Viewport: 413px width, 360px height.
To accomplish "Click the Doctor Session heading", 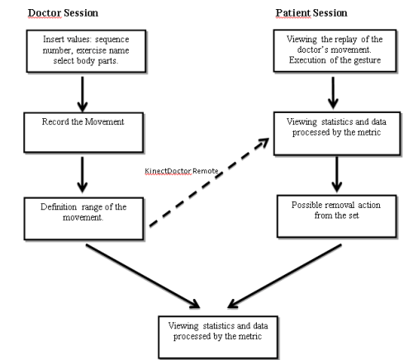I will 63,14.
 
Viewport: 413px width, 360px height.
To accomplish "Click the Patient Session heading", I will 311,14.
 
